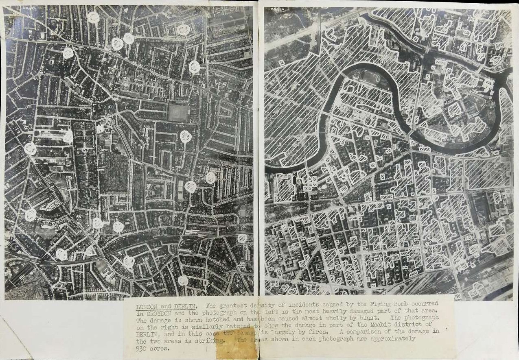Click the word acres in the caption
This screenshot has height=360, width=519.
pyautogui.click(x=160, y=349)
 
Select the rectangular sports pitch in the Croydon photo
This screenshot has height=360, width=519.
pyautogui.click(x=178, y=112)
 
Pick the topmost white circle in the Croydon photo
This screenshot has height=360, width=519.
pyautogui.click(x=93, y=17)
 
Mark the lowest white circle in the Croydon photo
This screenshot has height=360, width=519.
pyautogui.click(x=183, y=280)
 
